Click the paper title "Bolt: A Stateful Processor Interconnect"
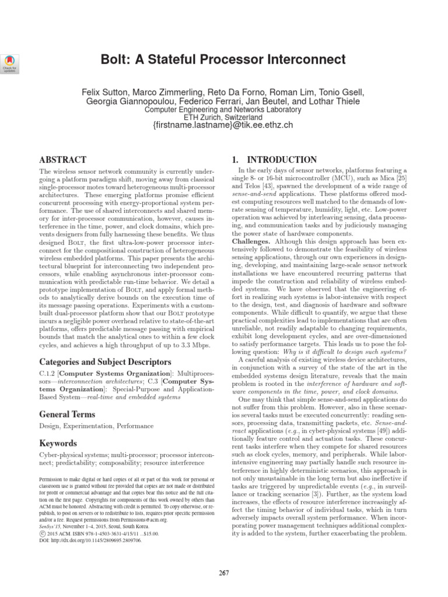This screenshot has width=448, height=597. [x=223, y=59]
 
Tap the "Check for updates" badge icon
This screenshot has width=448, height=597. [x=11, y=62]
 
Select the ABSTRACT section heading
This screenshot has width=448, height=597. [x=62, y=160]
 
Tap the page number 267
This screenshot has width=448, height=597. [x=223, y=574]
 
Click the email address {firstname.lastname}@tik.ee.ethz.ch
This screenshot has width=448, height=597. [x=223, y=125]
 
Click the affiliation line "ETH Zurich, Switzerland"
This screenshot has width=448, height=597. [x=223, y=117]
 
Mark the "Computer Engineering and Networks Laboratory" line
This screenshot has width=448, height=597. [x=223, y=109]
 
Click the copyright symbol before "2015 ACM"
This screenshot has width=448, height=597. [x=42, y=533]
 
